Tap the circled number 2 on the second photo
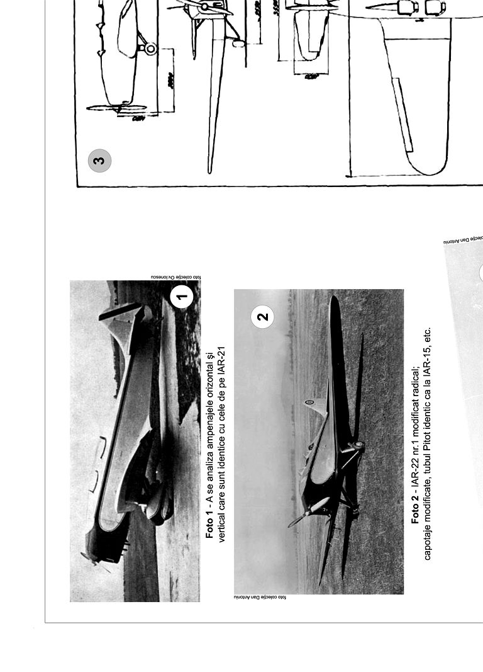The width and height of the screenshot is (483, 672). [x=263, y=316]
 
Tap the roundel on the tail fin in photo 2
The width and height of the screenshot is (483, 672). [x=309, y=402]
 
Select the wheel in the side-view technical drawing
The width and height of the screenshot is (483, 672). [x=150, y=48]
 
